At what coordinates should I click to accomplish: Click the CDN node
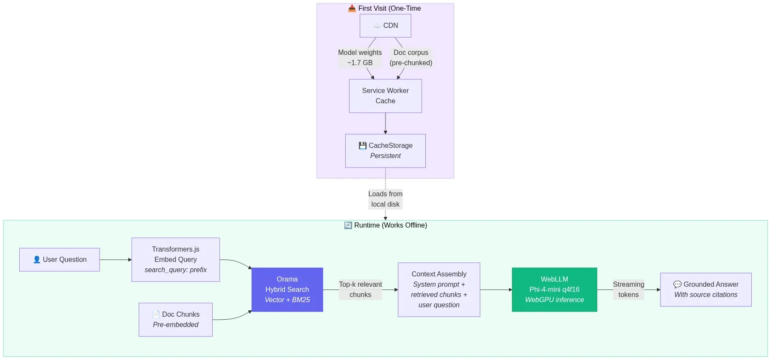(385, 26)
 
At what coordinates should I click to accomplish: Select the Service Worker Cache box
(385, 96)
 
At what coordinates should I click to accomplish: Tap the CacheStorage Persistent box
(385, 151)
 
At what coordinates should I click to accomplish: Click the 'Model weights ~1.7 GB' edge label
(360, 57)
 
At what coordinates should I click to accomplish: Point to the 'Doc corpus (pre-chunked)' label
(411, 57)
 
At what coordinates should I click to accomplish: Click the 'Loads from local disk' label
(385, 199)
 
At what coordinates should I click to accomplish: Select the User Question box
(60, 260)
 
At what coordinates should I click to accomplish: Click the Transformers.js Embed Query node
(175, 260)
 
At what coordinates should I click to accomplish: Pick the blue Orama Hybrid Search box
(287, 290)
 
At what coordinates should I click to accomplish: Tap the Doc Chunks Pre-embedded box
(175, 320)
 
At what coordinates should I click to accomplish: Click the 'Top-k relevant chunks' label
(360, 290)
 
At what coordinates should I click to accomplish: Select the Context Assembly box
(439, 290)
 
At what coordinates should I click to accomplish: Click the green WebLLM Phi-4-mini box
(554, 290)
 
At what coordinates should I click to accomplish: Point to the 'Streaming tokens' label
(628, 290)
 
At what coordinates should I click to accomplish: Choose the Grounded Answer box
(705, 290)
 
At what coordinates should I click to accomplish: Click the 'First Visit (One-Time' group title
(385, 9)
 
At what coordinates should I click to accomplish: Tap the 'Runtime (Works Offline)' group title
(385, 225)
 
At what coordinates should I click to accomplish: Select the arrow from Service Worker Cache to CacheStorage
(385, 123)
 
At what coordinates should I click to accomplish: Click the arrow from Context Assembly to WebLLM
(496, 290)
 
